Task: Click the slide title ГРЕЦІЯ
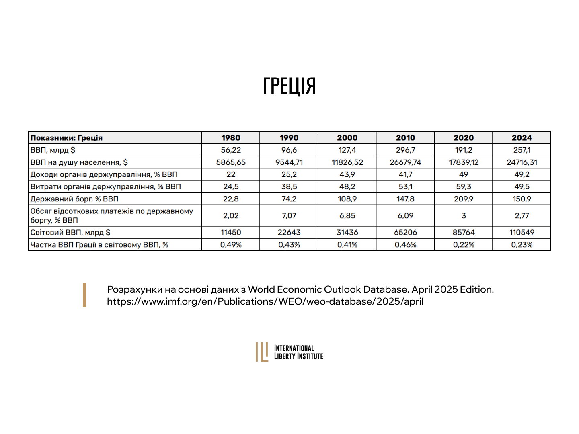click(x=289, y=86)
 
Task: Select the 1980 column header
click(x=231, y=138)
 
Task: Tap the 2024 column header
click(x=522, y=138)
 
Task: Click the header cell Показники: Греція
click(x=67, y=138)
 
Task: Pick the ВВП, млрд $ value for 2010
click(x=405, y=150)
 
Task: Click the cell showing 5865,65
click(x=231, y=162)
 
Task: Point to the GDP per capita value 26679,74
click(x=405, y=162)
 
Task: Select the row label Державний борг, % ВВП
click(x=75, y=199)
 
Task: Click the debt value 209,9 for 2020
click(x=464, y=199)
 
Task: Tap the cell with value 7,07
click(x=289, y=216)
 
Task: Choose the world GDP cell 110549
click(x=522, y=233)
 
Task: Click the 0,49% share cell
click(x=231, y=245)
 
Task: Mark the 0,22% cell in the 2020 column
click(x=464, y=245)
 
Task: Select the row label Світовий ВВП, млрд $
click(x=70, y=233)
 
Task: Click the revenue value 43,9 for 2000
click(x=347, y=174)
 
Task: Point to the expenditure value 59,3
click(x=464, y=187)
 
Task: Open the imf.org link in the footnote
click(x=265, y=301)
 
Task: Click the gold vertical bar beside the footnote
click(x=84, y=295)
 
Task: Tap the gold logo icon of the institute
click(x=262, y=352)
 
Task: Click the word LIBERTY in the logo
click(x=285, y=356)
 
